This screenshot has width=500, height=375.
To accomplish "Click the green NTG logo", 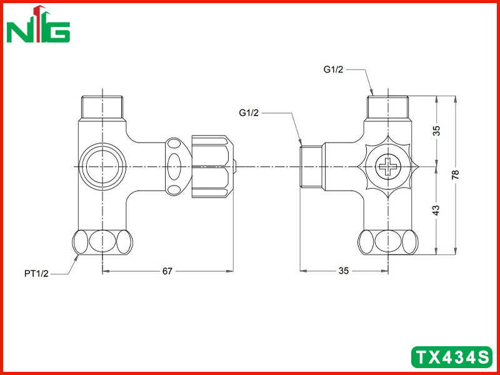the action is pyautogui.click(x=38, y=24).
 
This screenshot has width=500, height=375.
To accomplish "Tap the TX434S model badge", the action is pyautogui.click(x=452, y=357).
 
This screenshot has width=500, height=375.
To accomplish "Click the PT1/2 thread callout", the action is pyautogui.click(x=36, y=274).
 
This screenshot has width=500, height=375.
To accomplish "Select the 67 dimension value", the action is pyautogui.click(x=167, y=271).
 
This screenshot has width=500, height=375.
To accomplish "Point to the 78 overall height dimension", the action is pyautogui.click(x=456, y=175).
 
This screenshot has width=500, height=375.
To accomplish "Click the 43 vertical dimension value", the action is pyautogui.click(x=436, y=209).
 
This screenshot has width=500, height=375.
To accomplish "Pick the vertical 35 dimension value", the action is pyautogui.click(x=436, y=131).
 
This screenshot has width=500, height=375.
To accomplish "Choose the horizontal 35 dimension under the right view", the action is pyautogui.click(x=343, y=271).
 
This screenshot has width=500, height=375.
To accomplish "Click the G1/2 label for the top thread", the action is pyautogui.click(x=334, y=69).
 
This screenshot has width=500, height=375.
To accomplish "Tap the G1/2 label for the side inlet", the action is pyautogui.click(x=249, y=112).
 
